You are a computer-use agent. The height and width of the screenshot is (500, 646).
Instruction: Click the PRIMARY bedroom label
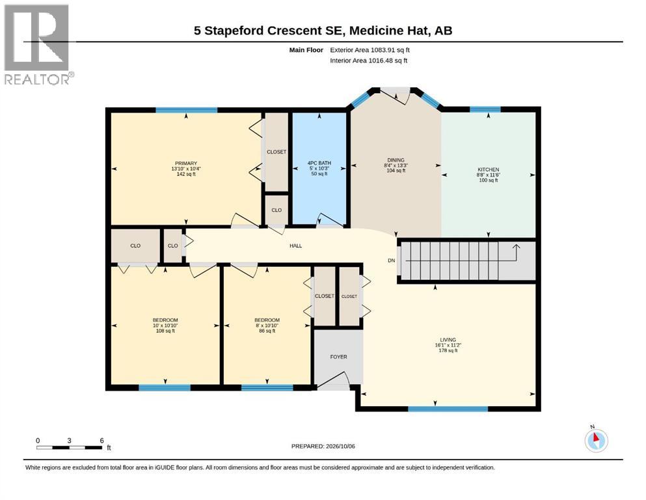pos(186,163)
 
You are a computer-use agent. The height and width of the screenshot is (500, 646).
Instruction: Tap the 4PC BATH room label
pos(319,163)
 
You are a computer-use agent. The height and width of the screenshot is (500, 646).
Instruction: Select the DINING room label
pos(396,160)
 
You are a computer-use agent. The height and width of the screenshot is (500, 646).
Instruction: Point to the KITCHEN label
pos(488,169)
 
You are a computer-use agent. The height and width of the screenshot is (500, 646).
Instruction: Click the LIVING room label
pos(448,340)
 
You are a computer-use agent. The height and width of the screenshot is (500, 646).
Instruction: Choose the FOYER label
pos(339,357)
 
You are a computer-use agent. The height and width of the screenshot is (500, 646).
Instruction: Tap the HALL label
pos(296,245)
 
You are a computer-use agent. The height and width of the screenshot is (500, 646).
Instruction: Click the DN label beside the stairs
pos(392,260)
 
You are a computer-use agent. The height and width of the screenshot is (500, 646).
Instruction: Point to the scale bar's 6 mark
pos(101,441)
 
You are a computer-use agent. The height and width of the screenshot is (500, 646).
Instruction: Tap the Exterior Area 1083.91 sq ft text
pos(370,50)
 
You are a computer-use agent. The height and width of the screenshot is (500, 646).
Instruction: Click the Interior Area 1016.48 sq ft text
pos(369,61)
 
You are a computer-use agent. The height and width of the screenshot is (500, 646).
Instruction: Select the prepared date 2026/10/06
pos(340,446)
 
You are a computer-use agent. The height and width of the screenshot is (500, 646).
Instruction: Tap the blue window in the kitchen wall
pos(485,109)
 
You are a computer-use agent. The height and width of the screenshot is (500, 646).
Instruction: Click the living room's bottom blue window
pos(448,409)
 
